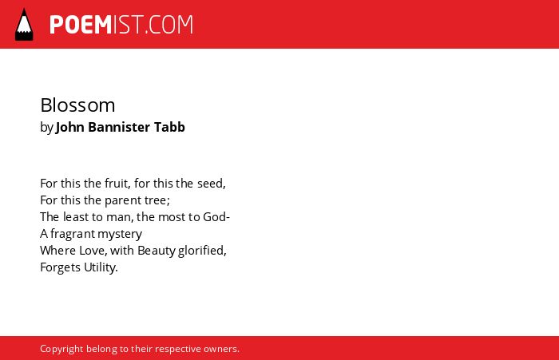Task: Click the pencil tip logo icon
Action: coord(24,25)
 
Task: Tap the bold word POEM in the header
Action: coord(81,25)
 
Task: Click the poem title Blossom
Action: coord(77,105)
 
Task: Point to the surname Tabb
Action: coord(169,127)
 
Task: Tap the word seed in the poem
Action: coord(212,184)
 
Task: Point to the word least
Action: coord(76,217)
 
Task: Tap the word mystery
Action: coord(120,235)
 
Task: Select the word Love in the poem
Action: coord(93,251)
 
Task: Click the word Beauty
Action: coord(157,251)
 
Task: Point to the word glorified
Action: coord(202,251)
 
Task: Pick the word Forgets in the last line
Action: coord(60,267)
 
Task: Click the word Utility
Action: coord(101,267)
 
